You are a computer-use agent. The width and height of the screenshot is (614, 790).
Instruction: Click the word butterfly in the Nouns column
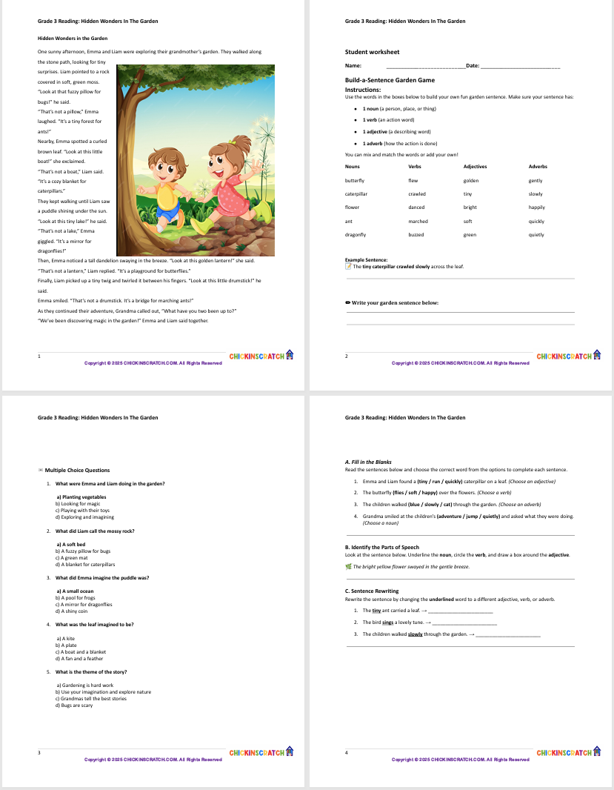point(355,180)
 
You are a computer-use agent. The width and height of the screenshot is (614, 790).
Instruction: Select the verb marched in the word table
point(418,221)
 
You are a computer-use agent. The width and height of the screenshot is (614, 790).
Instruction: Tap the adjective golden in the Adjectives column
point(471,180)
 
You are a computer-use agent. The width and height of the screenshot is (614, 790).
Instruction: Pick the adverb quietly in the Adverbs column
point(536,235)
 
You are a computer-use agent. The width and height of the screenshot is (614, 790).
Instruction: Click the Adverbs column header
point(538,167)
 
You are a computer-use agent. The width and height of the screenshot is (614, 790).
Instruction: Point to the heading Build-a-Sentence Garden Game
point(390,80)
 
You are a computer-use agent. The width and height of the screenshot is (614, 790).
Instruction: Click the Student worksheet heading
point(372,52)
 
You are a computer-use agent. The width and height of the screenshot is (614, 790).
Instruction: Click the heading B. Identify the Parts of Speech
point(377,548)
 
